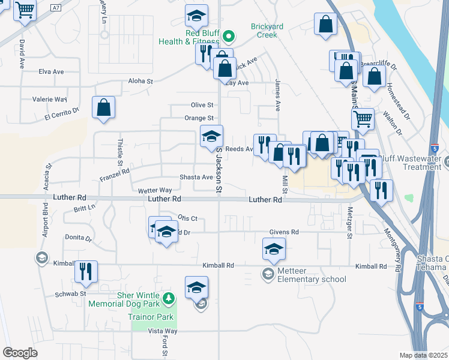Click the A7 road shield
click(x=56, y=8)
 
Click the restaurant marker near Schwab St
click(x=86, y=272)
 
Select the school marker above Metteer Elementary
click(x=274, y=248)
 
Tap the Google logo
click(x=20, y=352)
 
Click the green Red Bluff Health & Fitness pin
click(x=228, y=37)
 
